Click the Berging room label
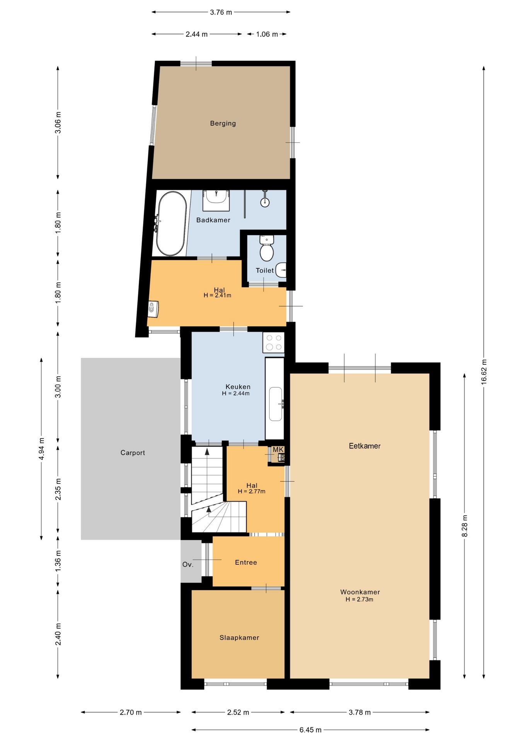click(x=223, y=123)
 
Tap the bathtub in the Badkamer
click(x=171, y=223)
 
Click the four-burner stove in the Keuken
click(x=274, y=342)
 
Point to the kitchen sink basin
click(x=276, y=404)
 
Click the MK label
click(x=278, y=449)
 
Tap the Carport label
click(x=133, y=453)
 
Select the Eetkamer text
click(x=365, y=446)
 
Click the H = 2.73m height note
click(x=359, y=599)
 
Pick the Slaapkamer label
click(x=239, y=638)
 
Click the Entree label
click(x=246, y=562)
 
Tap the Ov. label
click(x=187, y=565)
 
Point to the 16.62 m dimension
click(x=484, y=372)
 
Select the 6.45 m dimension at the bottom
click(x=310, y=730)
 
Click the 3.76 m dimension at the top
click(x=221, y=12)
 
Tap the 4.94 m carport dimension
click(x=42, y=449)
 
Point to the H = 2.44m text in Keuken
click(x=235, y=393)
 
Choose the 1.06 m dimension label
click(x=267, y=34)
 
